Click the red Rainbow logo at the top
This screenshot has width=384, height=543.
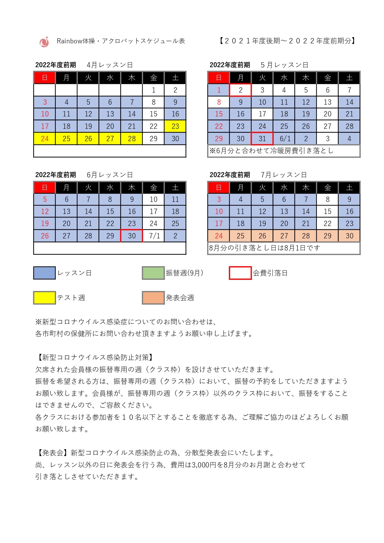coord(44,42)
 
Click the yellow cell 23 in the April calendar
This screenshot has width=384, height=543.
coord(175,126)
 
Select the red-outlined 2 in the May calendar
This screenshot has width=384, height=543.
coord(241,90)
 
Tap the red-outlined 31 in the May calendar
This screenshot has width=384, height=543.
coord(262,139)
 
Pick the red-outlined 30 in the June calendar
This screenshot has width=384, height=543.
coord(132,236)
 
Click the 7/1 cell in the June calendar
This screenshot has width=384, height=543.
coord(154,236)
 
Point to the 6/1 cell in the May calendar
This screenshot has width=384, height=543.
coord(284,139)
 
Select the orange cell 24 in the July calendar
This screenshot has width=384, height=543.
coord(219,236)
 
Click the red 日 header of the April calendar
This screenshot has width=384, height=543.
coord(45,78)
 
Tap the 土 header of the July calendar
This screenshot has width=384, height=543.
coord(349,188)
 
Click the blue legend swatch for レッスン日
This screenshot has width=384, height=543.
coord(45,273)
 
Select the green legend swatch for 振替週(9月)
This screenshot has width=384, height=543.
coord(153,273)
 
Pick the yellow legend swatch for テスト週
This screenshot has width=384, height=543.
coord(45,298)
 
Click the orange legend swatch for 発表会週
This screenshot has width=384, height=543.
coord(153,298)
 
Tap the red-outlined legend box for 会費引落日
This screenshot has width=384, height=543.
coord(240,273)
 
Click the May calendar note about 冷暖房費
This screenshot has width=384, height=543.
coord(271,151)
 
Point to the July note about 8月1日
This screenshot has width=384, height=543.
coord(264,248)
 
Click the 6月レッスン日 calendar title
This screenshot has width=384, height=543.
coord(110,175)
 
